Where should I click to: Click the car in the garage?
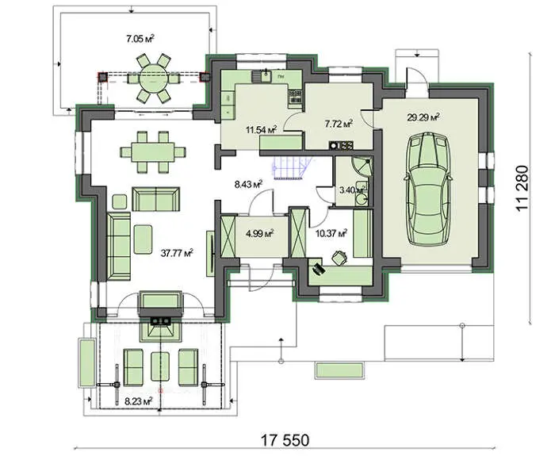coord(429,190)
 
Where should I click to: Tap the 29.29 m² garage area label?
coord(423,117)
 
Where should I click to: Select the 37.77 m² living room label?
coord(177,253)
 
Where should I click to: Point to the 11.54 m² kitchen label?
coord(261,128)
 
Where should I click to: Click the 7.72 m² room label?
coord(339,123)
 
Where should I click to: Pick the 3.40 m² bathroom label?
coord(351,190)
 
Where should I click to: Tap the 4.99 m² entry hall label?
coord(259,233)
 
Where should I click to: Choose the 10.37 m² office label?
coord(331,233)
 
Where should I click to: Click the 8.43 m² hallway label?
coord(248,184)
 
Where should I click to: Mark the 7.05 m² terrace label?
coord(140,39)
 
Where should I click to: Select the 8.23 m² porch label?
coord(139,401)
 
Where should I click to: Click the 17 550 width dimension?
coord(285,440)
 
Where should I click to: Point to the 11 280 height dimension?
coord(522,188)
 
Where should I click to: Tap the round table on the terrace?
coord(154,78)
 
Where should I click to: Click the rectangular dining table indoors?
coord(153,152)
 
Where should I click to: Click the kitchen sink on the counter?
coord(265,76)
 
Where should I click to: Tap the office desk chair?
coord(340,258)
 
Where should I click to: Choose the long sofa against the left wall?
coord(119,247)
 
